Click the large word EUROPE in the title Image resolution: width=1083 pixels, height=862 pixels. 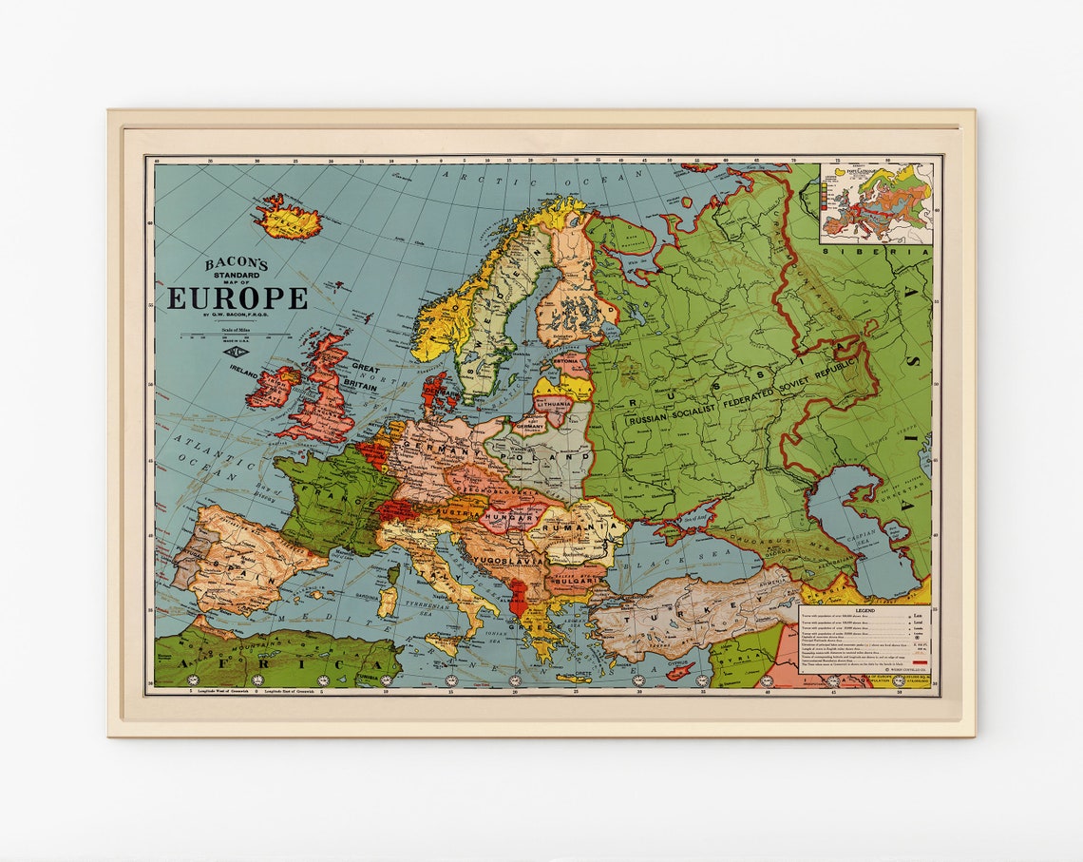coord(237,297)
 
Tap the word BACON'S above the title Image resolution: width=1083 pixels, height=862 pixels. coord(237,264)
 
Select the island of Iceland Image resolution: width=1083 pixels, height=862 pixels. coord(287,219)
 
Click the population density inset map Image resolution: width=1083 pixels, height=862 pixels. coord(876,202)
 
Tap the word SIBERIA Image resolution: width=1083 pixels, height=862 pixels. coord(876,252)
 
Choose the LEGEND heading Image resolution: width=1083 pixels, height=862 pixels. coord(864,612)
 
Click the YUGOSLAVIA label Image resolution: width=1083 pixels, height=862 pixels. coord(512,561)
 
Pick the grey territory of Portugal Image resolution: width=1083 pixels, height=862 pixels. coord(182,569)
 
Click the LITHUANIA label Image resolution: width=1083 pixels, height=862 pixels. coord(553,403)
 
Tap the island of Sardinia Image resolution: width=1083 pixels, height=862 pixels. coord(387,602)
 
